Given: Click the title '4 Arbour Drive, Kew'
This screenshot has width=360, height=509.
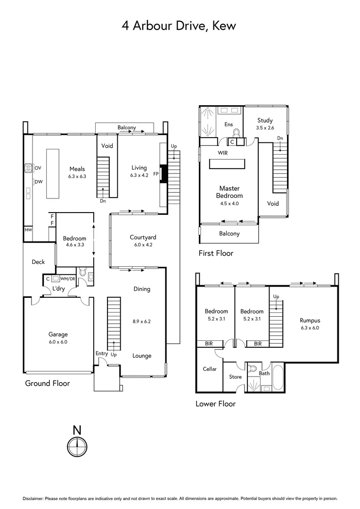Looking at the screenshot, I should click(179, 25).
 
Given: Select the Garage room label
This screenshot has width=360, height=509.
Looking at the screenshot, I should click(58, 334).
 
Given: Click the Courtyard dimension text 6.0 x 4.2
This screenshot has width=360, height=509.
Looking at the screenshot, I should click(143, 245).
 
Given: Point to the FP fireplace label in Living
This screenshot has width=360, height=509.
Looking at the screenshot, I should click(156, 172).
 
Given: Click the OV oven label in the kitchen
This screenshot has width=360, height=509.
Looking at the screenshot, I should click(38, 168).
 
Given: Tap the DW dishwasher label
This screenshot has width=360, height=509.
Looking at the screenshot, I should click(38, 181).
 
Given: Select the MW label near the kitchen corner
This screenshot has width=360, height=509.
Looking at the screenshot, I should click(28, 230).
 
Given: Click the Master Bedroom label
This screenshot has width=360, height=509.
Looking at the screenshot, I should click(229, 192).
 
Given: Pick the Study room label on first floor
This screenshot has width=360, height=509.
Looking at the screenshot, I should click(264, 121).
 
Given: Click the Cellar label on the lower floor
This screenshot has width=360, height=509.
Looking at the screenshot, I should click(210, 369).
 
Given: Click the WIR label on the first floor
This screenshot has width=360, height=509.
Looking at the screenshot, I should click(223, 153).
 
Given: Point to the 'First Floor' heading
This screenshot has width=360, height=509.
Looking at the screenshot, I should click(216, 253).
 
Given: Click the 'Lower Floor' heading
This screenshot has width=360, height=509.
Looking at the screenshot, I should click(215, 403).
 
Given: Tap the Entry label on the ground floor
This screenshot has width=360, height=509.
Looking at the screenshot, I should click(101, 354).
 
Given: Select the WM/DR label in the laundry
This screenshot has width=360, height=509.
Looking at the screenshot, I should click(67, 279).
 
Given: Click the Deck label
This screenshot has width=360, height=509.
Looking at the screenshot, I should click(38, 262).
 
